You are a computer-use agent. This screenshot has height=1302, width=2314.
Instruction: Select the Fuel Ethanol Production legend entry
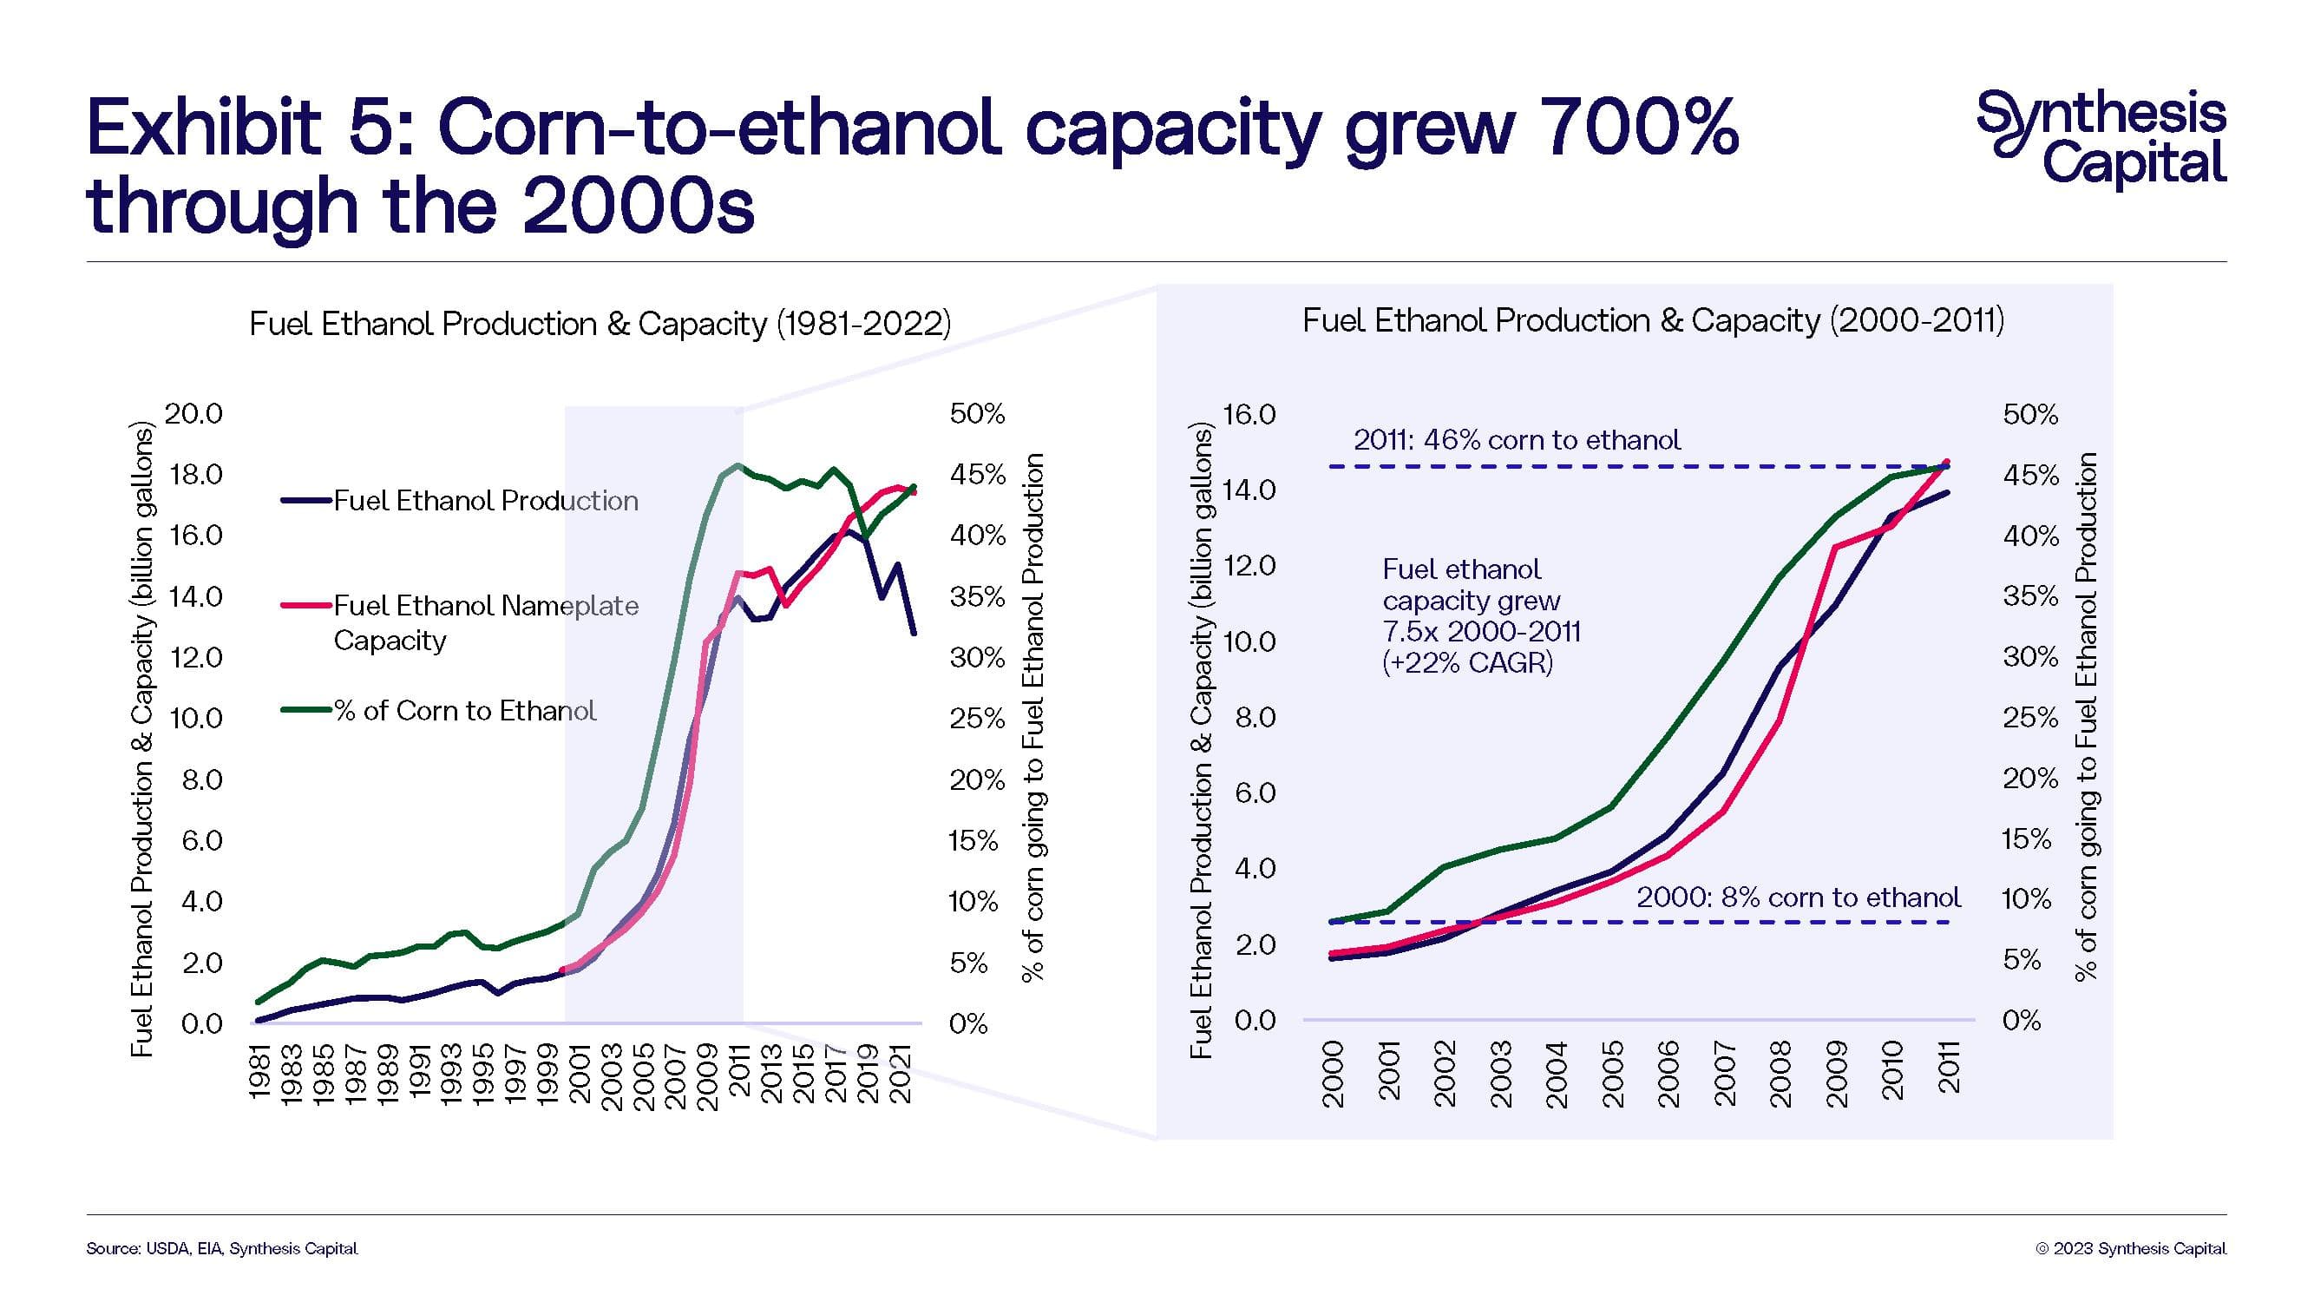click(x=485, y=501)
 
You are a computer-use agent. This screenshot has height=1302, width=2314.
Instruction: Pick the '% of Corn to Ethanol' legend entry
click(x=463, y=711)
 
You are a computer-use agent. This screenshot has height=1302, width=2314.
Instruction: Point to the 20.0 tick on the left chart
click(x=193, y=413)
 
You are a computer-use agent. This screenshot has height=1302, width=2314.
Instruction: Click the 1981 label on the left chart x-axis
click(x=259, y=1070)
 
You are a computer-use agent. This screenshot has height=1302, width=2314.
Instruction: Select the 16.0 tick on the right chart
click(x=1249, y=414)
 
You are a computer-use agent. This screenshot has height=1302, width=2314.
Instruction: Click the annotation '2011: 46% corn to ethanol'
click(x=1517, y=439)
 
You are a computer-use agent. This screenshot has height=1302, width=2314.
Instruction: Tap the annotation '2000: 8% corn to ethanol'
click(x=1799, y=897)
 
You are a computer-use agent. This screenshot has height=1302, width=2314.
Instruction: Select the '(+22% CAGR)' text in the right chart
click(x=1468, y=663)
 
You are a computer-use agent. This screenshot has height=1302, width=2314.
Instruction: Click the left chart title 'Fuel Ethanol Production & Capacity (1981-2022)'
click(x=600, y=324)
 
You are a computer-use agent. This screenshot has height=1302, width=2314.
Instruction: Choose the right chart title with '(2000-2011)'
click(x=1653, y=320)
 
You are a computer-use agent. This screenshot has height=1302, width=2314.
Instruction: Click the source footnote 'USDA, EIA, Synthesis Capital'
click(x=222, y=1248)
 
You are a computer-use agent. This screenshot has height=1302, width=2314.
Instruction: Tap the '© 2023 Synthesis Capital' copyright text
click(x=2130, y=1248)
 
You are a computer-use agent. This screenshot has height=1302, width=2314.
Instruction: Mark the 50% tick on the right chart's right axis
click(x=2030, y=414)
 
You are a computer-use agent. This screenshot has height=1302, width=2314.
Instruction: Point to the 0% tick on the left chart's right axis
click(x=968, y=1023)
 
